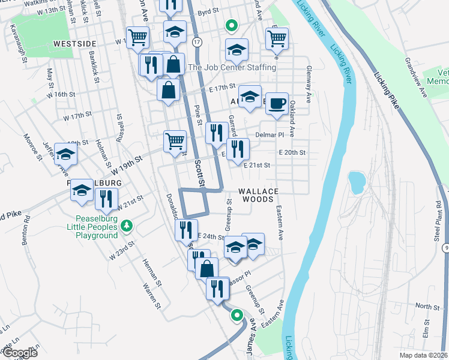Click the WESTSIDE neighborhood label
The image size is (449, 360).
coord(75,44)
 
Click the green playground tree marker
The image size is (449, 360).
coord(126,226)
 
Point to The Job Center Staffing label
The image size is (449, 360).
coord(232,67)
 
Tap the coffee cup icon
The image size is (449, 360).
coord(277,103)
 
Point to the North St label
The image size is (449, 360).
coord(427,306)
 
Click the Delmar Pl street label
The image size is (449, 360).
coord(268,135)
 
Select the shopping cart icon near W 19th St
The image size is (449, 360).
coord(175,142)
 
